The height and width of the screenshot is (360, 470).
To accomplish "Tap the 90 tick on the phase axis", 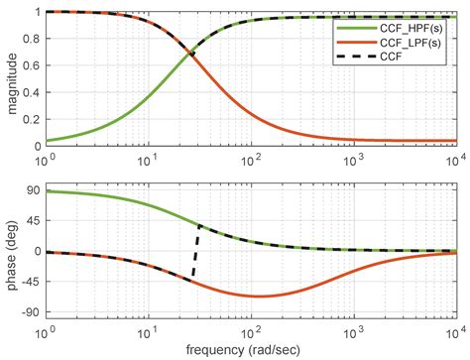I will pos(31,189).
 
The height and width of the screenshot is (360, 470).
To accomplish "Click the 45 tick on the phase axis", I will pos(31,220).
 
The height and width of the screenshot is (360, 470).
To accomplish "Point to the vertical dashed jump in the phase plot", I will pos(195,251).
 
